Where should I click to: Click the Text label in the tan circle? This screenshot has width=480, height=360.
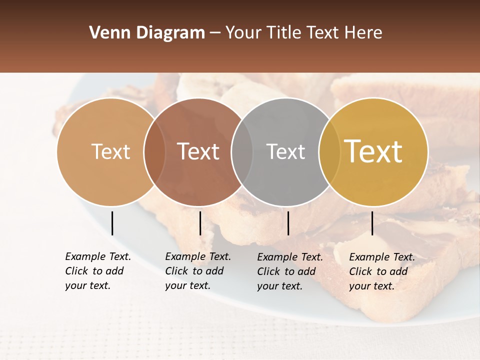(110, 151)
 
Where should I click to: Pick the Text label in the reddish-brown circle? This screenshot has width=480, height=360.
(198, 151)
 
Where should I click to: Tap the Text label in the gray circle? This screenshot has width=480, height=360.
(285, 151)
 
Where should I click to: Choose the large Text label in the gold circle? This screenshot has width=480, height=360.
(373, 151)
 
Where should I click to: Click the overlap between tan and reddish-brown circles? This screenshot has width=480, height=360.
(154, 151)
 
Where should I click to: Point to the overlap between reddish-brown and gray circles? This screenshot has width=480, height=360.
(242, 151)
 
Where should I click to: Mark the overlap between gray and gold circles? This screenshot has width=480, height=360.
(329, 151)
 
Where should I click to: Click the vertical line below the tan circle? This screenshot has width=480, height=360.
(112, 223)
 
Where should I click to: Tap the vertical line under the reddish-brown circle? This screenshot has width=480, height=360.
(200, 223)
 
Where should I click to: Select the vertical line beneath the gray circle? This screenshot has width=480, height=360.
(288, 223)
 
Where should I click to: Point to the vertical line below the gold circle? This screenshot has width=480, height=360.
(372, 223)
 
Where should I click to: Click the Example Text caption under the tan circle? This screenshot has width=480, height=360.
(97, 271)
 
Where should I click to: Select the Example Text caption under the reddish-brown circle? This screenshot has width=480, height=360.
(197, 271)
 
